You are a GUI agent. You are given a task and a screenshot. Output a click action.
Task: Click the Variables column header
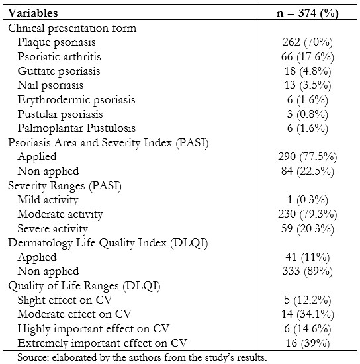32,13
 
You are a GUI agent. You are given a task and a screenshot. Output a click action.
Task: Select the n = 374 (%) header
307,13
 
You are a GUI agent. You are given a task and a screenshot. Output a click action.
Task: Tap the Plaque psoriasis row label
56,42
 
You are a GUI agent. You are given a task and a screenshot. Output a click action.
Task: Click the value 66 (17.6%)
307,57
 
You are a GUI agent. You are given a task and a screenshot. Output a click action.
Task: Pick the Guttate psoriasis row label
59,71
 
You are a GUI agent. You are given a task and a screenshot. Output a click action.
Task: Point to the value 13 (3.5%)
307,85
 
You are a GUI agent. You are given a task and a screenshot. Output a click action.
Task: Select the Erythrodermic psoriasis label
76,100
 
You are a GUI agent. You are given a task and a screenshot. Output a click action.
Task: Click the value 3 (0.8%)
307,114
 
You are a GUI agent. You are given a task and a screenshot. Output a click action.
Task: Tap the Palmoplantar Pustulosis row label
76,128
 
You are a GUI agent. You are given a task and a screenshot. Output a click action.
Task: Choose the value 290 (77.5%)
307,157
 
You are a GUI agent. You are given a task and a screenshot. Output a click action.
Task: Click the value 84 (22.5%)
307,171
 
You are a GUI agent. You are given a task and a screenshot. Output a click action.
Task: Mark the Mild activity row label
48,200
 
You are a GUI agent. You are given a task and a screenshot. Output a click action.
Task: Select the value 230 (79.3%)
307,214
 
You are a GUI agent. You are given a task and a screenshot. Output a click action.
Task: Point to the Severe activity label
52,229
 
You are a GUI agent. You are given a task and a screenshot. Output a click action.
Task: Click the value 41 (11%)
307,257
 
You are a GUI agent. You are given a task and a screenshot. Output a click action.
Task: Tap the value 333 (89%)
307,271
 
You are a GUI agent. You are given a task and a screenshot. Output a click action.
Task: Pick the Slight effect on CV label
65,300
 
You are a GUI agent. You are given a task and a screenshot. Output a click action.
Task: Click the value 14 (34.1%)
307,314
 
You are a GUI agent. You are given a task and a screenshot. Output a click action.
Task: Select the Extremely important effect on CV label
102,343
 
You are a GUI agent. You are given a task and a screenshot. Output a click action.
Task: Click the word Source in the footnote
32,357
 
